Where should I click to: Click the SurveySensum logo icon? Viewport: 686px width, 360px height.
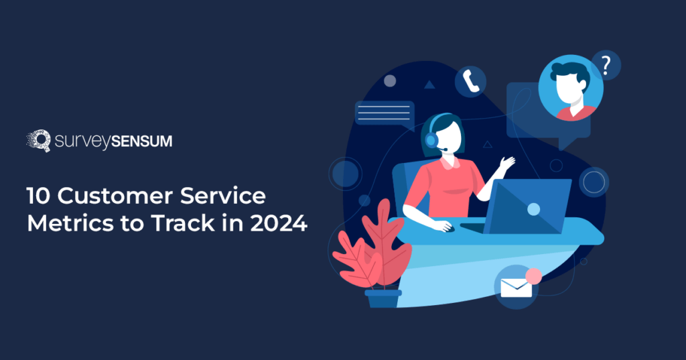tap(38, 140)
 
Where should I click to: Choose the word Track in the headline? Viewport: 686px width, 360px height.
tap(175, 223)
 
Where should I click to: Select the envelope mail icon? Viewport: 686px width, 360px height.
tap(516, 288)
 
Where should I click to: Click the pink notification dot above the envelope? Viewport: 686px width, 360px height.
tap(533, 276)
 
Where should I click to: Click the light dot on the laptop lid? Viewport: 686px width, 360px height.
tap(533, 209)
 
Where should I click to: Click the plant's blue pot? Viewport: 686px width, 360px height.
tap(383, 298)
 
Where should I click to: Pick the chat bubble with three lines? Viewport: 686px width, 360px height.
tap(384, 113)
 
